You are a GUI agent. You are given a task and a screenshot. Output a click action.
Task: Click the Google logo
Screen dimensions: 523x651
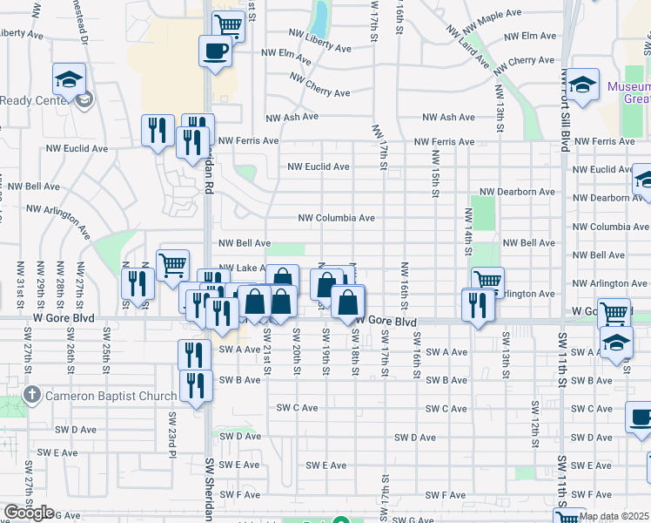click(29, 513)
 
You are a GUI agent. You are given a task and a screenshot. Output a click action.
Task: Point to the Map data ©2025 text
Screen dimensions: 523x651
click(614, 516)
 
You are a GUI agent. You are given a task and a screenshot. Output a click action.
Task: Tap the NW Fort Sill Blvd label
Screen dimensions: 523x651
click(566, 113)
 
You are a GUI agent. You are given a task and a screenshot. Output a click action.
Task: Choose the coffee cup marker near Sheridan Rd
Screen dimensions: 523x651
click(215, 51)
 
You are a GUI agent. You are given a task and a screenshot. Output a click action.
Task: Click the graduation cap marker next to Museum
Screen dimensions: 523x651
click(584, 84)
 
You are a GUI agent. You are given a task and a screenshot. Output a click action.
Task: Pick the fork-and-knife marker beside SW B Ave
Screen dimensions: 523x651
click(196, 386)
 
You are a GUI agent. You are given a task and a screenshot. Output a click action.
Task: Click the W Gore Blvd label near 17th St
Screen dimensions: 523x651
click(383, 322)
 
